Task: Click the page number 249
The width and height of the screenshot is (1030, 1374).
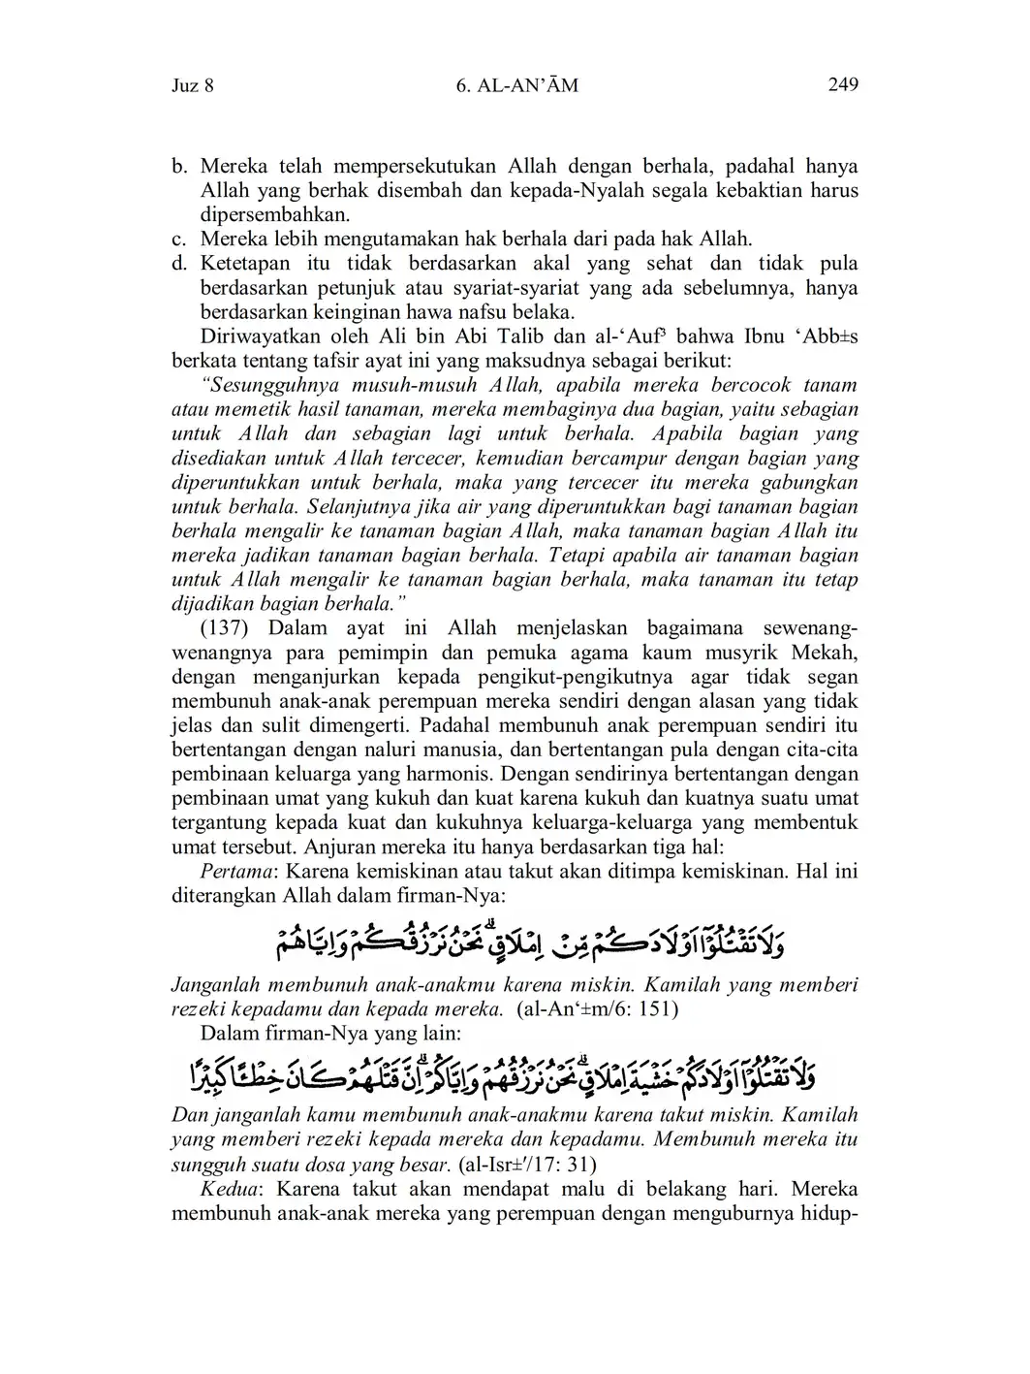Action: (843, 84)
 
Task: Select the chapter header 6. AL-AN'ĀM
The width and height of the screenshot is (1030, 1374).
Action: (515, 85)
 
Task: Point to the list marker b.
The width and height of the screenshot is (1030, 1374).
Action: (178, 167)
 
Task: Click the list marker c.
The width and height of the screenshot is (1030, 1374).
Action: (178, 240)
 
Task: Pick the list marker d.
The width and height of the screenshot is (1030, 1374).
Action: (178, 264)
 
